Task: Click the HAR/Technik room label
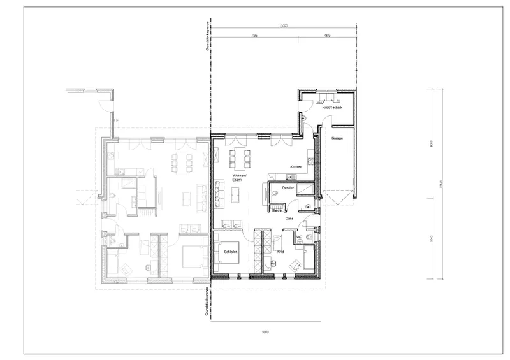coord(333,108)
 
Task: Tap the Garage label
coord(338,138)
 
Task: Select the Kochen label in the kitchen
coord(295,167)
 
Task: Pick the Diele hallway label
coord(289,219)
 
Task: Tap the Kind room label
coord(280,252)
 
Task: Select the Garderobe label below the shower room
coord(277,210)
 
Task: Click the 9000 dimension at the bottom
coord(264,333)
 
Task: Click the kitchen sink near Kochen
coord(307,159)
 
